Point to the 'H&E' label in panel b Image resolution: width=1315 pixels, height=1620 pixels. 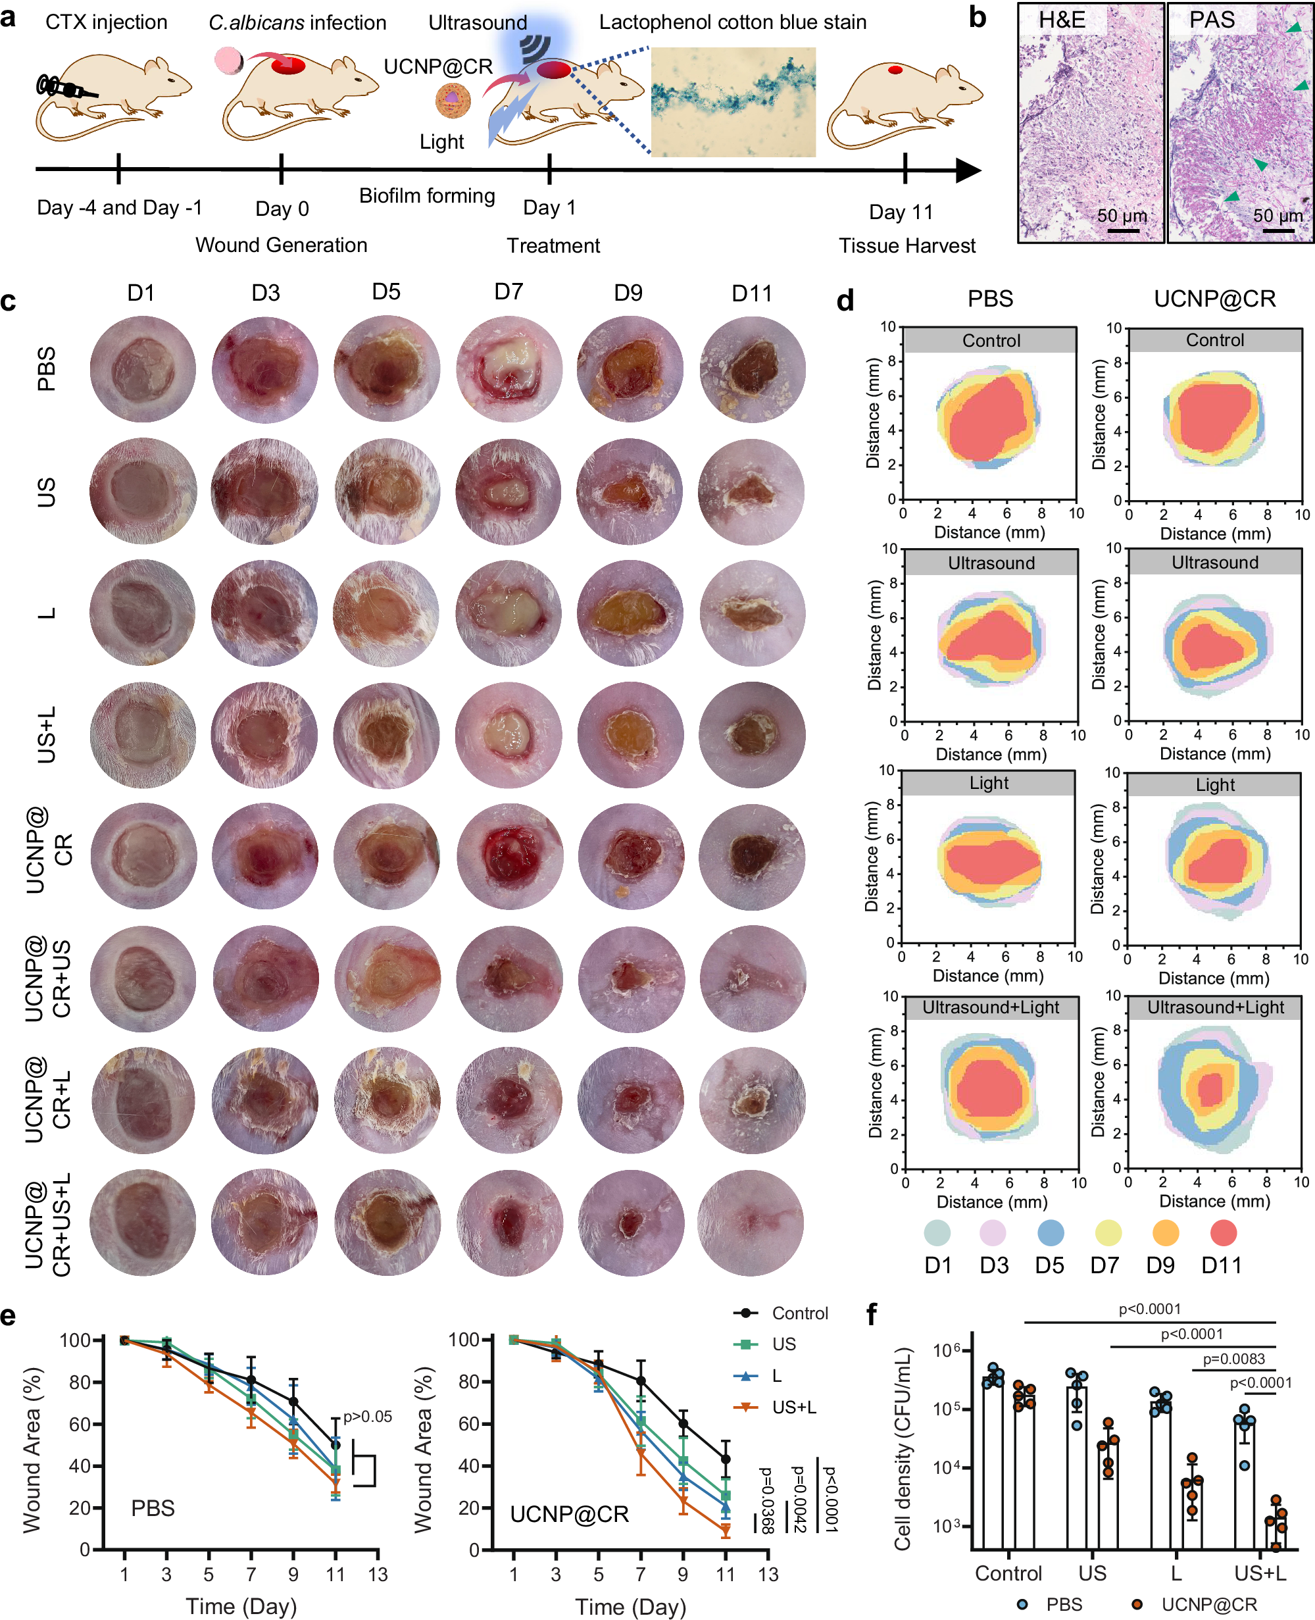[x=1061, y=20]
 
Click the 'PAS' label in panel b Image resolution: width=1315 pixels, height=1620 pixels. [x=1211, y=20]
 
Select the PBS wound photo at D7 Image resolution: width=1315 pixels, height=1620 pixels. [x=509, y=369]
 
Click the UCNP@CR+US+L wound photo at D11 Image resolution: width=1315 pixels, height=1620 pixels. [x=751, y=1222]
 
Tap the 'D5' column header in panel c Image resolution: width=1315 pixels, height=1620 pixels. [x=386, y=291]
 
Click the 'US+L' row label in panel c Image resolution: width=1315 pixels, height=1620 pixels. [x=46, y=734]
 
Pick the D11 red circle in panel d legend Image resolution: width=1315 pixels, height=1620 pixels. [x=1223, y=1233]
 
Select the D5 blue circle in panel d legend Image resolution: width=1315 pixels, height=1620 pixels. [x=1050, y=1233]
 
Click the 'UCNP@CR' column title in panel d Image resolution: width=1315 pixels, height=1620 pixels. [x=1214, y=299]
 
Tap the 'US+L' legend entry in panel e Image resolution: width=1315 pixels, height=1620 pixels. [x=793, y=1407]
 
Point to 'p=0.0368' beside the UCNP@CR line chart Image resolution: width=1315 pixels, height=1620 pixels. [x=766, y=1500]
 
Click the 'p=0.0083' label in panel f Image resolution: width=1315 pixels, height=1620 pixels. [x=1233, y=1359]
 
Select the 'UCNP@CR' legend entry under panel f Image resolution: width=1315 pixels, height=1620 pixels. [x=1208, y=1604]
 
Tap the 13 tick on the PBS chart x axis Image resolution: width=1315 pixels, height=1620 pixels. [x=377, y=1575]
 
